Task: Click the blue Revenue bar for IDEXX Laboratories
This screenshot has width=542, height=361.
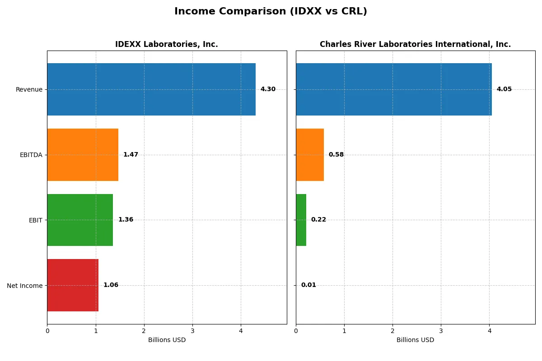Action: point(151,89)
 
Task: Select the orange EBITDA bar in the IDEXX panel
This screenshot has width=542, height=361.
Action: point(83,155)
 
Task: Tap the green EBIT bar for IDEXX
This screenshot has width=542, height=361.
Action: point(80,220)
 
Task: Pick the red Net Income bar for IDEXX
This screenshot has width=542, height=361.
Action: point(73,285)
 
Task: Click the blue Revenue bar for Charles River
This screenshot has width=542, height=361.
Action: point(394,89)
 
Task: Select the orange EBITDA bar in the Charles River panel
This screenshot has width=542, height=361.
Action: point(310,155)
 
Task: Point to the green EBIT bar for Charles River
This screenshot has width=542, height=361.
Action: point(301,220)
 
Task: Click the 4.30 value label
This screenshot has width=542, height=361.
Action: point(268,89)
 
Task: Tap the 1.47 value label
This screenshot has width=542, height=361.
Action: point(131,155)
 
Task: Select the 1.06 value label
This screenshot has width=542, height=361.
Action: point(111,285)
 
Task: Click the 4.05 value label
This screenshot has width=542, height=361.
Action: point(504,89)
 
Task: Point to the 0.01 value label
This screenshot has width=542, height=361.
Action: point(308,285)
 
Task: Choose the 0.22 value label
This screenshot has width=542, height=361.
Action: point(318,220)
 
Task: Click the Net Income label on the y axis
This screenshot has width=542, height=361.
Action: point(25,286)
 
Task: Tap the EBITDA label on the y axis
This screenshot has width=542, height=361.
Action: point(31,155)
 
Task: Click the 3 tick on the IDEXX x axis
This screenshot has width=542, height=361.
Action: point(192,331)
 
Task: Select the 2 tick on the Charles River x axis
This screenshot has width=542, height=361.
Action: point(392,331)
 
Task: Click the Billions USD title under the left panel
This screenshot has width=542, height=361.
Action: point(167,340)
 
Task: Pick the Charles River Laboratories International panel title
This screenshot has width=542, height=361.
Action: point(415,44)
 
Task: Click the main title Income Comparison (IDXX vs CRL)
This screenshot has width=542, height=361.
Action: point(271,12)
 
